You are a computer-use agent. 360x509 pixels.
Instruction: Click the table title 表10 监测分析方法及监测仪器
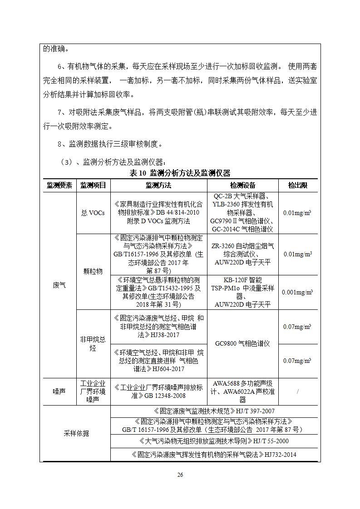click(180, 173)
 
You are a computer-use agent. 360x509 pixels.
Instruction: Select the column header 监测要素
click(59, 185)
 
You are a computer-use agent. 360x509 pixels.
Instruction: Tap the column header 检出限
click(297, 185)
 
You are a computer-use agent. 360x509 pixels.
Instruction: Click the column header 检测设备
click(242, 185)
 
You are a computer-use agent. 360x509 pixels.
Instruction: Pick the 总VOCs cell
click(93, 213)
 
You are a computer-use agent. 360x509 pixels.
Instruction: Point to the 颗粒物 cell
click(93, 271)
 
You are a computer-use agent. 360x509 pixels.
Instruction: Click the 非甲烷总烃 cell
click(93, 343)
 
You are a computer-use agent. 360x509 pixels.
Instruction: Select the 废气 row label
click(59, 285)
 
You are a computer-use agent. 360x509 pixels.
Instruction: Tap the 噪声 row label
click(59, 391)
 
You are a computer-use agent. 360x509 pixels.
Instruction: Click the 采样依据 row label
click(76, 433)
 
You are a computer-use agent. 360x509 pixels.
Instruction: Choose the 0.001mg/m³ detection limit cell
click(297, 292)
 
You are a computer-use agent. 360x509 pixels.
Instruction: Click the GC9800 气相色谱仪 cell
click(242, 343)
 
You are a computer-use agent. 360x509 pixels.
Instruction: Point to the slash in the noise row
click(298, 391)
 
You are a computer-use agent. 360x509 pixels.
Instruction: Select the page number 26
click(180, 475)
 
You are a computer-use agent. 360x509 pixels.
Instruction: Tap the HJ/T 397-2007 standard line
click(215, 411)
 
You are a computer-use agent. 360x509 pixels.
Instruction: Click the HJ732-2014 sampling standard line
click(215, 454)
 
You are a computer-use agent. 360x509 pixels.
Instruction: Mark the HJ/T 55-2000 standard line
click(215, 440)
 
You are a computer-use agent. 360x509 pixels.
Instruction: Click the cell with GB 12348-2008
click(158, 391)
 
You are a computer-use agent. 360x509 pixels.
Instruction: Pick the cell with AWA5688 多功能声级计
click(242, 391)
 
